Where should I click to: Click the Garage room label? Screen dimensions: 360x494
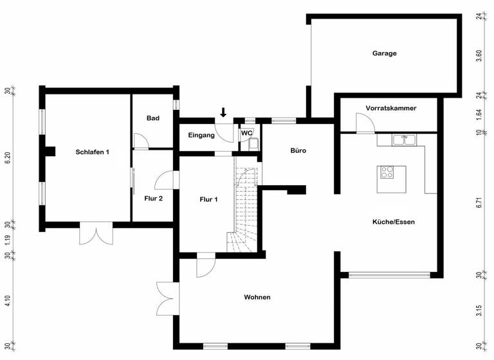point(384,53)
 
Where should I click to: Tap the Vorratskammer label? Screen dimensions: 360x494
point(390,108)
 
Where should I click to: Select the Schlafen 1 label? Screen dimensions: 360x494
point(92,152)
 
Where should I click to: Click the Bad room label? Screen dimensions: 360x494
point(152,118)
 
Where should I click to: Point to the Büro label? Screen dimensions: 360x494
point(298,151)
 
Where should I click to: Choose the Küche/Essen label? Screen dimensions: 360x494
point(393,222)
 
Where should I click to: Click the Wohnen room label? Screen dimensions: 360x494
point(257,297)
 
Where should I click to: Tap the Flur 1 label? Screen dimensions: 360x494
point(208,199)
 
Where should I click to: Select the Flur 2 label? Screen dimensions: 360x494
point(153,198)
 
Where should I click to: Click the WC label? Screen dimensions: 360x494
point(247,133)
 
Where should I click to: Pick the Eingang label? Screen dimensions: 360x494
point(201,135)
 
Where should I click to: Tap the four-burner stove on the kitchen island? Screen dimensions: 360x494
point(388,172)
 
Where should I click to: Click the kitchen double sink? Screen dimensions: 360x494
point(403,138)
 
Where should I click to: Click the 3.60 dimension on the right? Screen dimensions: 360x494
point(479,55)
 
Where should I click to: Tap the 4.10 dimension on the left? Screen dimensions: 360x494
point(8,301)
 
